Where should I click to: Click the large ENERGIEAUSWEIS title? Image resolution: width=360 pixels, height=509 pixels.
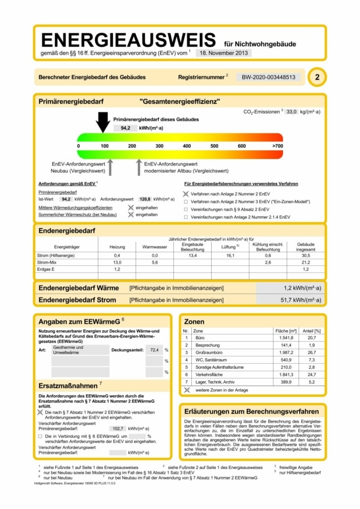128,40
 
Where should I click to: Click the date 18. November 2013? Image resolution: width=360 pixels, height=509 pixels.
223,53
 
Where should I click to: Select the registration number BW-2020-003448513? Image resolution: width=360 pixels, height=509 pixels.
269,77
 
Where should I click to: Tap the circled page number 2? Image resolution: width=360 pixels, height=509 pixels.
316,77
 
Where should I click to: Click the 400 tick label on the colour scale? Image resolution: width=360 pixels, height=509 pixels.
187,146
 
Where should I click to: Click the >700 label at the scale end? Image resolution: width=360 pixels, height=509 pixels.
277,146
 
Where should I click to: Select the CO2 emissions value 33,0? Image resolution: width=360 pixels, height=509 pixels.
292,112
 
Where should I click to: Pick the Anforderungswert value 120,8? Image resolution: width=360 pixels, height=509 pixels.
145,199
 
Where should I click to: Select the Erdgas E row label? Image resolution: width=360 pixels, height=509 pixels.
46,269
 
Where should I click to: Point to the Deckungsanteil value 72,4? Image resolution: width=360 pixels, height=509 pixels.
153,350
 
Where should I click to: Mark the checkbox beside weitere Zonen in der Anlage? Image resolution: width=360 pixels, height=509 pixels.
187,390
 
